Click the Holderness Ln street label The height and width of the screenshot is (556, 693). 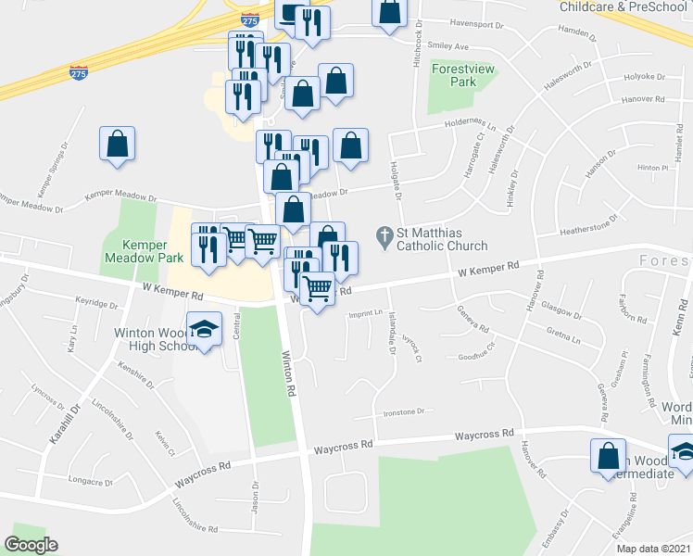coord(472,123)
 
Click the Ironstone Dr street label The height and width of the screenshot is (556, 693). coord(402,411)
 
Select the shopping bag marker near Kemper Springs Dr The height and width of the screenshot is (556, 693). coord(118,144)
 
